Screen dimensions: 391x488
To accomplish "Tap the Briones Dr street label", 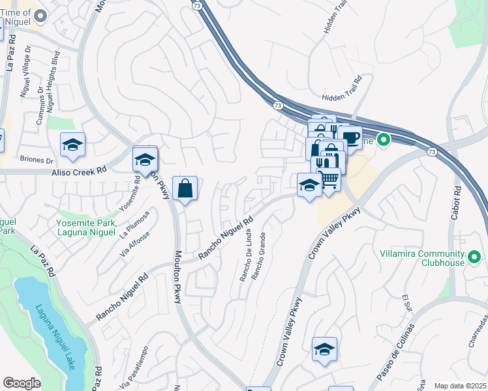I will [37, 160].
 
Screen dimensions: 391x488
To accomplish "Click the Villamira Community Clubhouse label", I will [422, 257].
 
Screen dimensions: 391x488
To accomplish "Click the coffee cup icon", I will [350, 138].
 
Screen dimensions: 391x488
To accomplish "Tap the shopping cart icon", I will [329, 178].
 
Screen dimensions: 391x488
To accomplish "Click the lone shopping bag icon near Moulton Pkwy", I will [185, 188].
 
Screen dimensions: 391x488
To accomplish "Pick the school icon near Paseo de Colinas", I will [324, 350].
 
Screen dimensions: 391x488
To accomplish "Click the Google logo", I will [22, 383].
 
